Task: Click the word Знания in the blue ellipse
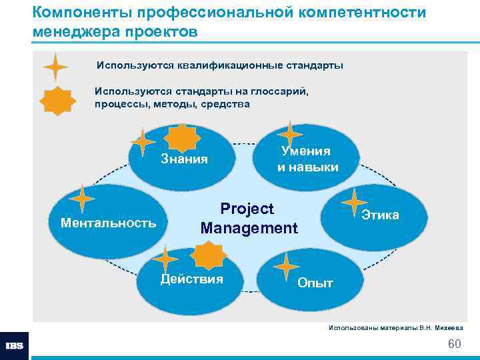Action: coord(185,159)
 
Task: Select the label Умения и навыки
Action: coord(307,159)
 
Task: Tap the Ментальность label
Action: coord(108,222)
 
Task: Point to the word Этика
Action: coord(381,215)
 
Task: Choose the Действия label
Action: coord(192,279)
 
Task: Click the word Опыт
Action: coord(315,283)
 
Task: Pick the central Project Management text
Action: coord(249,219)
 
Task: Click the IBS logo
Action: coord(14,346)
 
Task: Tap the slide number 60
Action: coord(455,344)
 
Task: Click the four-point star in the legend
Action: coord(55,67)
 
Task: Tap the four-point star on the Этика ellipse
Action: coord(353,203)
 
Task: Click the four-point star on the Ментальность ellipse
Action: coord(83,199)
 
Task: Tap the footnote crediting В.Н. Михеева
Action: coord(396,327)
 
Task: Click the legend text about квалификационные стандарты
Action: coord(219,66)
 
